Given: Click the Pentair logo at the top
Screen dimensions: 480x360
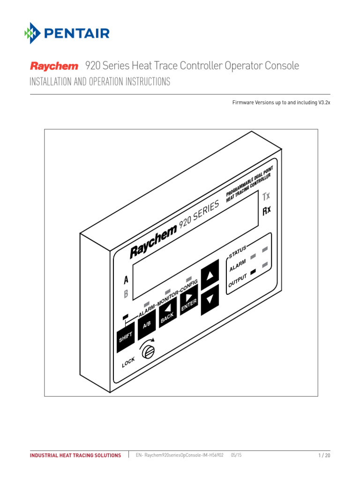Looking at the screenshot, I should point(67,33).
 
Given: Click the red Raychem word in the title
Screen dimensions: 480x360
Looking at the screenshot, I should point(54,67).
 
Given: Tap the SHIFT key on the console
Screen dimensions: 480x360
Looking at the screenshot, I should point(125,336).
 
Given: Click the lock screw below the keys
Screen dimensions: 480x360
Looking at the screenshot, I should point(148,351).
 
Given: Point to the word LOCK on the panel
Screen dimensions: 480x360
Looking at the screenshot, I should point(128,362).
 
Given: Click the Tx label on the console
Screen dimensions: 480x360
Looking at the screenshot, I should point(266,196).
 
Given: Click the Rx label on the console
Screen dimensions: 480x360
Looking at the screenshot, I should point(266,210).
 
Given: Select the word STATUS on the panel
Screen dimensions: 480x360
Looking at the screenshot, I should point(237,251).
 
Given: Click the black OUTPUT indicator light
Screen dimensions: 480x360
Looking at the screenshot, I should point(254,272).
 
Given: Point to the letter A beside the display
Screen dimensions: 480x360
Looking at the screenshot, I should point(126,280).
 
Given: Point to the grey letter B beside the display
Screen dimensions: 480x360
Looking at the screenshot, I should point(126,294).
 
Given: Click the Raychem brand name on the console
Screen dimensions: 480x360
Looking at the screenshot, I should point(153,242).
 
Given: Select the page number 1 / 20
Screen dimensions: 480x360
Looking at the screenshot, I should point(324,455).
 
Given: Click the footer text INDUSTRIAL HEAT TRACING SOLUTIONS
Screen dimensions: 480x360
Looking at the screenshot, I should point(75,455).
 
